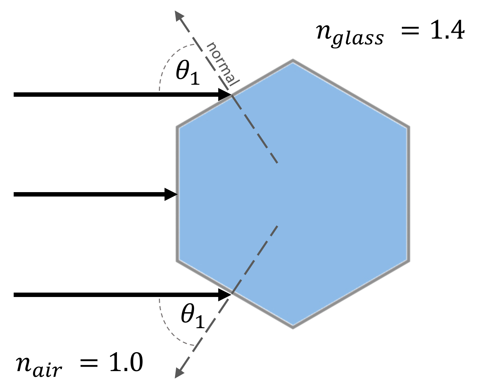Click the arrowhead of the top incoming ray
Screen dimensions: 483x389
click(224, 94)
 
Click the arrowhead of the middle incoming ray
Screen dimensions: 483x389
click(171, 194)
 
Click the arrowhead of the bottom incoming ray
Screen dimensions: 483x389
click(224, 295)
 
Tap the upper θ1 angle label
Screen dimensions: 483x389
click(188, 73)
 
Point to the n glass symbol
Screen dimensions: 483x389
click(349, 35)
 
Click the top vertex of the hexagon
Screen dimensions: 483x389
click(293, 61)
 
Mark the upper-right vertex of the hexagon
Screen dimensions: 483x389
click(408, 127)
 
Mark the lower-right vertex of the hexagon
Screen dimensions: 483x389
click(408, 261)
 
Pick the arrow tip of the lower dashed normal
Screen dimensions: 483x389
click(177, 375)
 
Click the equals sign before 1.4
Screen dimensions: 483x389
click(410, 31)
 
